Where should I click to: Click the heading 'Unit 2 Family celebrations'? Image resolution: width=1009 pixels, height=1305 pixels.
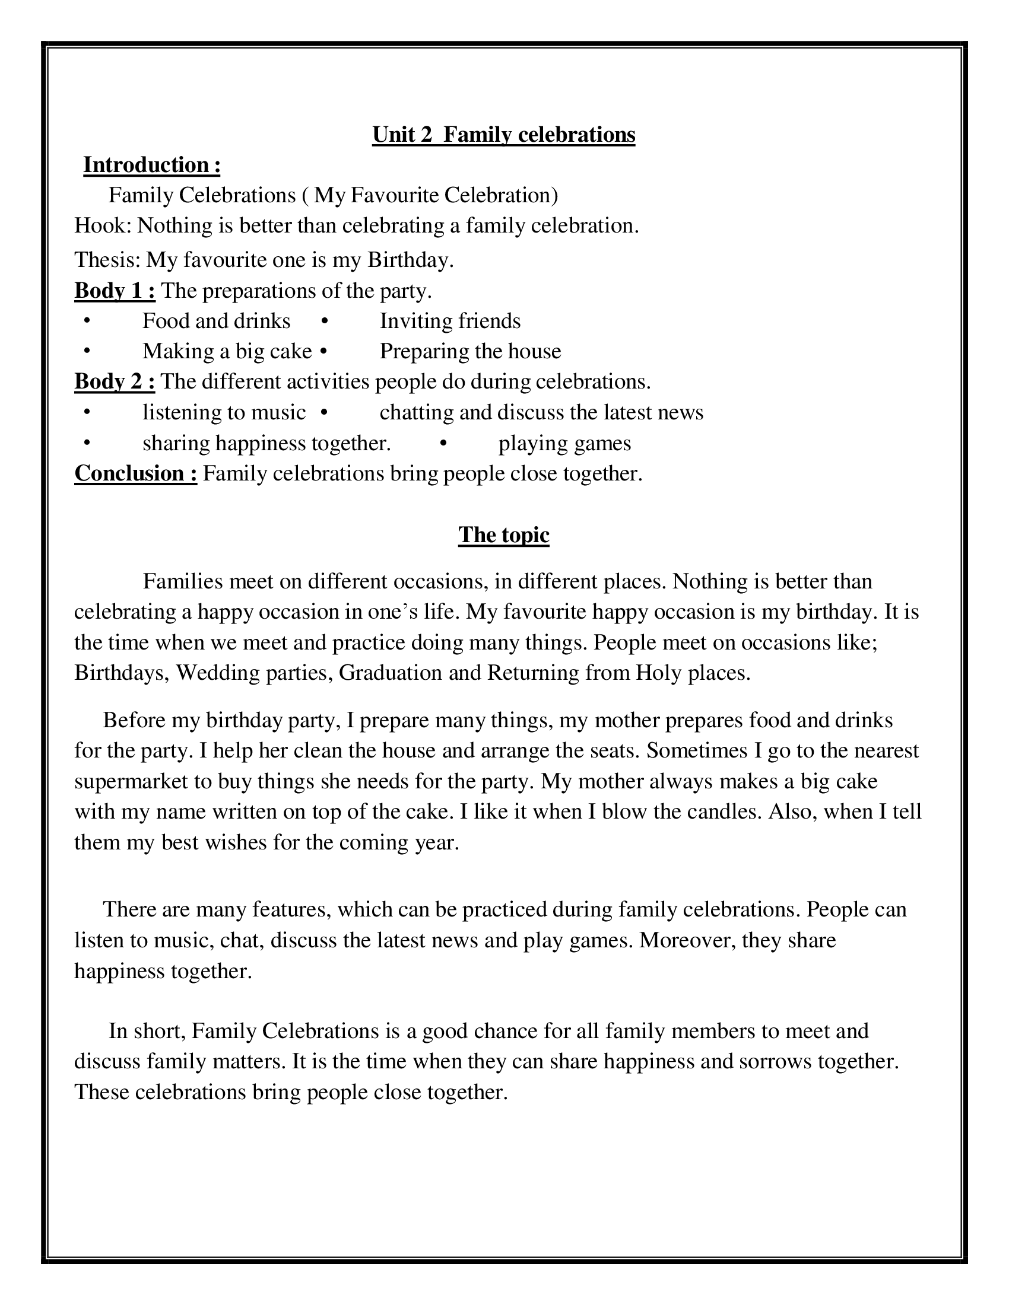(x=503, y=135)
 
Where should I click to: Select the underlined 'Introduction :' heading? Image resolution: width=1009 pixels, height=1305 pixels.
(x=152, y=165)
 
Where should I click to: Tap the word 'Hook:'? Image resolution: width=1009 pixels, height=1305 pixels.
(x=102, y=226)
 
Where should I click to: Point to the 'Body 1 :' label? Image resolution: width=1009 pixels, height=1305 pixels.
(x=115, y=291)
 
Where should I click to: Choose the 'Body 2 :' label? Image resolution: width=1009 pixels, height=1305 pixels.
(x=115, y=382)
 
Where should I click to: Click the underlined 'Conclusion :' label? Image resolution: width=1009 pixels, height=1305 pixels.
(x=136, y=473)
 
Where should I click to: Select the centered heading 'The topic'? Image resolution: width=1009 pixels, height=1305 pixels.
(x=503, y=535)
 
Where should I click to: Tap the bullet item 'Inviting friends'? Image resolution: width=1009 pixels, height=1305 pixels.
(x=450, y=322)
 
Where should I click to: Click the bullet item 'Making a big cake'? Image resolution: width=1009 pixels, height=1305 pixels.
(x=227, y=351)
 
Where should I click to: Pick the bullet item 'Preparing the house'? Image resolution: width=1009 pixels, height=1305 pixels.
(x=471, y=351)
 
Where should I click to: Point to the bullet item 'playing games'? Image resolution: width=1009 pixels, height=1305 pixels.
(x=564, y=443)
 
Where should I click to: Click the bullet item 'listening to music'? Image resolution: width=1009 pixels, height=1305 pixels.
(x=224, y=412)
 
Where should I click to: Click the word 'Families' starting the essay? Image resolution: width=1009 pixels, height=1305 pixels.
(x=183, y=582)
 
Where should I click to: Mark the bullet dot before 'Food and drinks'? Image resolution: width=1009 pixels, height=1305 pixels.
(x=87, y=322)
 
